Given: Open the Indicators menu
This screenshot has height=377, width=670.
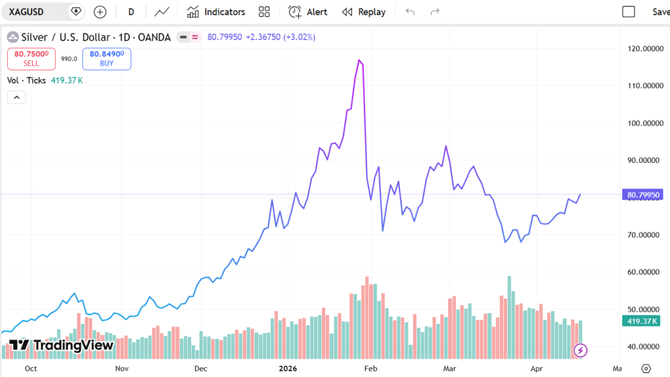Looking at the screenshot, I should click(216, 12).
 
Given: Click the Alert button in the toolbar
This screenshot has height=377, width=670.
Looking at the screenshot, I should click(308, 12).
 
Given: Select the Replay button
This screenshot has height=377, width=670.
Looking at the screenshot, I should click(364, 12).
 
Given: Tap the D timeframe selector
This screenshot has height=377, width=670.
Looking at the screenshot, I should click(131, 12).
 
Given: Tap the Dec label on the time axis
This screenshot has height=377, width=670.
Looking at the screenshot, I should click(200, 368).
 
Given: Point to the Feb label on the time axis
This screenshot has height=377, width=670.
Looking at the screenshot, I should click(371, 368).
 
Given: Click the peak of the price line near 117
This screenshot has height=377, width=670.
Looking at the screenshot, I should click(359, 60).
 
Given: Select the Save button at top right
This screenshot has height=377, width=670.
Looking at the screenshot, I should click(660, 12).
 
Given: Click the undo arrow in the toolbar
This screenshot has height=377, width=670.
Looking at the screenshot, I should click(410, 12).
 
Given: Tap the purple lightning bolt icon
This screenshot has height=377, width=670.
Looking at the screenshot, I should click(580, 350).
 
